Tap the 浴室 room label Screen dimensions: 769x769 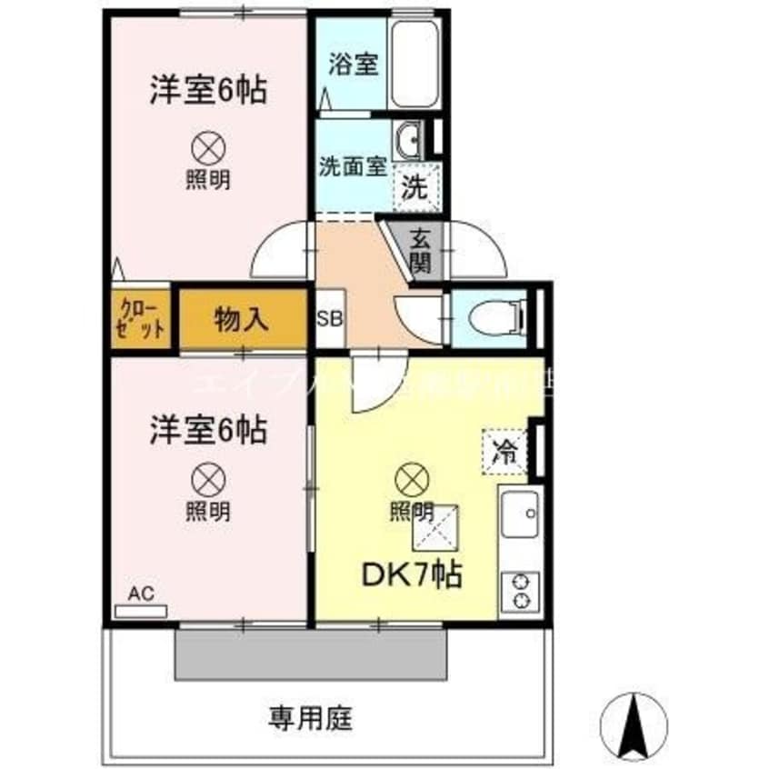pyautogui.click(x=353, y=65)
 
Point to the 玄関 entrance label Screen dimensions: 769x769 pyautogui.click(x=419, y=251)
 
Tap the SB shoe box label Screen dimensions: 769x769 pyautogui.click(x=329, y=320)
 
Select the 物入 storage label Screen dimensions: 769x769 pyautogui.click(x=241, y=319)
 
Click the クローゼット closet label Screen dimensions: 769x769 pyautogui.click(x=142, y=319)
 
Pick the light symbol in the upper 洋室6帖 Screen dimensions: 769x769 pyautogui.click(x=208, y=146)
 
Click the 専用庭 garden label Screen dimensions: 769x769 pyautogui.click(x=310, y=719)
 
